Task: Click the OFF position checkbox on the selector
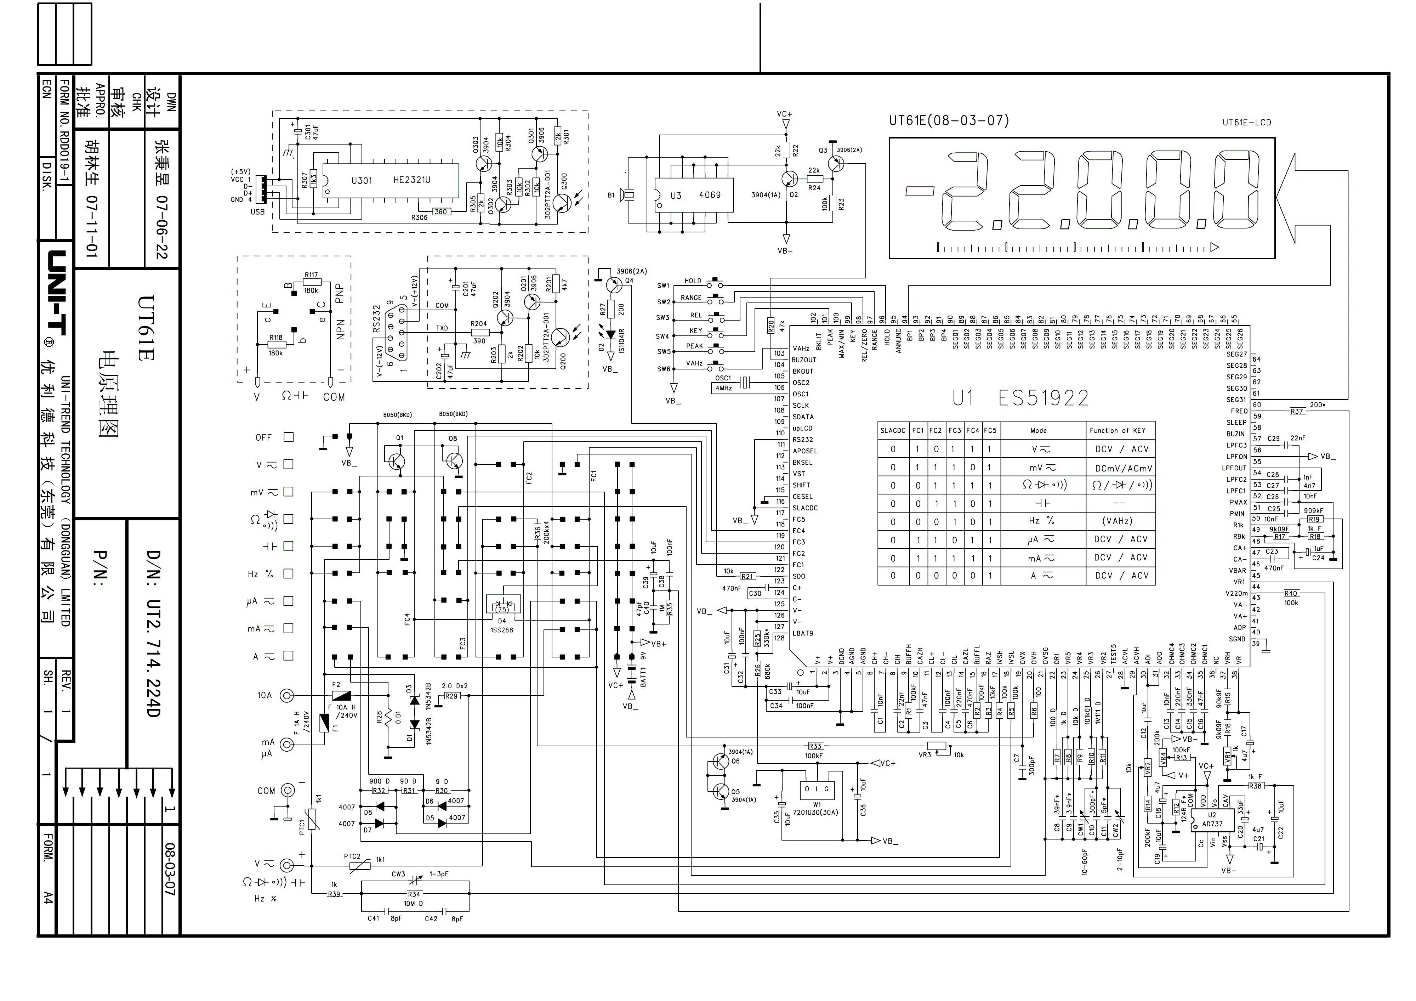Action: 288,437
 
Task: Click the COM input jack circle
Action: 288,790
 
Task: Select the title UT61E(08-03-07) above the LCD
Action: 949,120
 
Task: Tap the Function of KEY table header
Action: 1117,430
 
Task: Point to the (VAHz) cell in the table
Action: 1117,521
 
